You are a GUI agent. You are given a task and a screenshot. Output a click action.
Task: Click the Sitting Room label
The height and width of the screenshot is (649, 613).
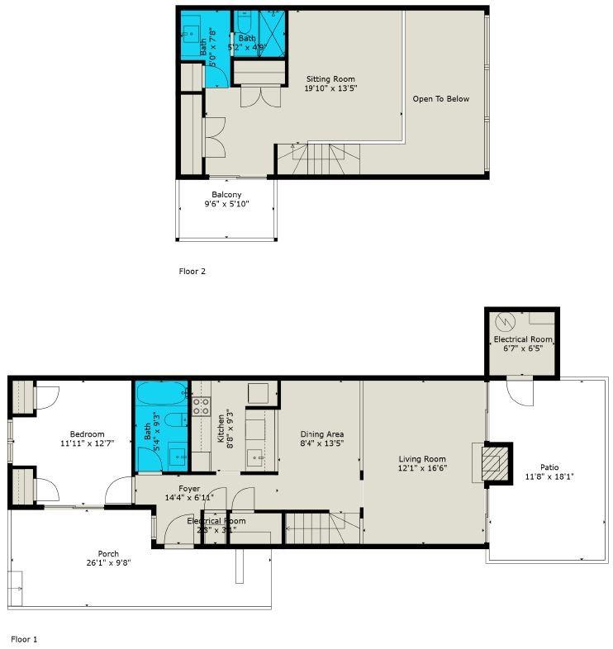click(330, 79)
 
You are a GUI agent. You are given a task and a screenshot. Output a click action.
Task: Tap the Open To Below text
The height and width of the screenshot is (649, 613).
click(440, 99)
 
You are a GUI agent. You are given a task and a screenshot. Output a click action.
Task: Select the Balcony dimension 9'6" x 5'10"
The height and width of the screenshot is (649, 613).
click(226, 204)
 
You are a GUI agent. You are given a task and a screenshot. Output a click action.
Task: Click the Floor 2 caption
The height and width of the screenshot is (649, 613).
click(192, 271)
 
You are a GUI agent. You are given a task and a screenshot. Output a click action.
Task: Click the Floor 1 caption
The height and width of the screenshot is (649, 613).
click(24, 638)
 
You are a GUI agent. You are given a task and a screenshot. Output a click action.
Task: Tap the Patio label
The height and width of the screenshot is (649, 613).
click(549, 467)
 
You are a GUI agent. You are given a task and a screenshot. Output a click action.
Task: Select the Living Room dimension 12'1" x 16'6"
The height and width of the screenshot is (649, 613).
click(422, 468)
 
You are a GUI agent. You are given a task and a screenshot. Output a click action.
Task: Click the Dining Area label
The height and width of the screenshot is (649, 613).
click(321, 434)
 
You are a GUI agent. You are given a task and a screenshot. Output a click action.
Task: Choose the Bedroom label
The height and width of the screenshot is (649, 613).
click(87, 434)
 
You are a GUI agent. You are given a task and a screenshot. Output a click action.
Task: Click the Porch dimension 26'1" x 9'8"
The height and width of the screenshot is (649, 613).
click(108, 562)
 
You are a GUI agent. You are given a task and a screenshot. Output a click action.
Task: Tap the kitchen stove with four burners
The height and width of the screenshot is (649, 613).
click(202, 405)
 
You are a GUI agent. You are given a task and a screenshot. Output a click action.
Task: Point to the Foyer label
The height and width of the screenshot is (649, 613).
click(190, 489)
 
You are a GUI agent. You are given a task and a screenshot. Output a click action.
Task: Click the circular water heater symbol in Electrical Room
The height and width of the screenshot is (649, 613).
click(506, 322)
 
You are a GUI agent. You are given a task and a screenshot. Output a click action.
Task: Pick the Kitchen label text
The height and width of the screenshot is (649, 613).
click(221, 429)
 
